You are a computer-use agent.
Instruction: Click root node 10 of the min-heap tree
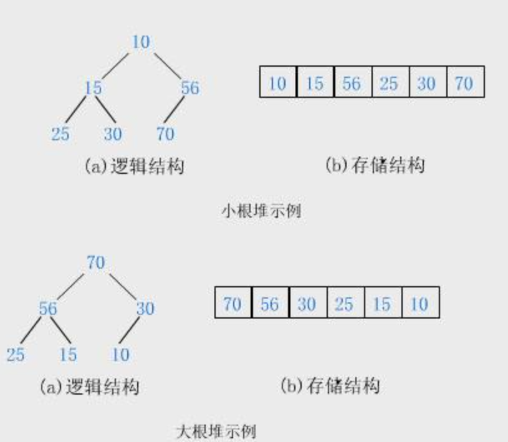click(x=141, y=42)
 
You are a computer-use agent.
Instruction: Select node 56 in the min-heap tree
click(x=190, y=88)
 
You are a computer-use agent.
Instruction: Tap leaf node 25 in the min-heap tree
click(x=60, y=133)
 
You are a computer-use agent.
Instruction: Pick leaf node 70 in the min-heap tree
click(x=165, y=133)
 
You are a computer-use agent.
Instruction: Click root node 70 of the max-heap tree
click(x=95, y=262)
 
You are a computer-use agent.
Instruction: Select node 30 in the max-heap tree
click(x=145, y=308)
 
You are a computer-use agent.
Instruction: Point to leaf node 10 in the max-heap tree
click(x=120, y=354)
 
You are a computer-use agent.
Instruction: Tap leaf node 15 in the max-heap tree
click(x=68, y=354)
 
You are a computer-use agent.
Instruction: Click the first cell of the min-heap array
click(x=277, y=82)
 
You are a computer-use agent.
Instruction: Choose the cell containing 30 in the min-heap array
click(x=427, y=82)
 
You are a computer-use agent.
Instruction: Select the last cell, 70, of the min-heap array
click(x=464, y=82)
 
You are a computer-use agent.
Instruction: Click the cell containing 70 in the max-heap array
click(x=232, y=303)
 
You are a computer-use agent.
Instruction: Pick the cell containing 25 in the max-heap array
click(x=345, y=303)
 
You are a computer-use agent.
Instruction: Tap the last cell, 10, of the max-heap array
click(x=419, y=303)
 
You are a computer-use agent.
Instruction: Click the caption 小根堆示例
click(x=261, y=211)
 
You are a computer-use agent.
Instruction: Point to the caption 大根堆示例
click(x=216, y=431)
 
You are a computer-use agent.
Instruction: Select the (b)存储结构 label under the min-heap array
click(x=375, y=165)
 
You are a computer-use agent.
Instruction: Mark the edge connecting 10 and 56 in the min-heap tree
click(x=167, y=65)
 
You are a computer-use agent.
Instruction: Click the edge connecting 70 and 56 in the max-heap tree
click(x=72, y=285)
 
